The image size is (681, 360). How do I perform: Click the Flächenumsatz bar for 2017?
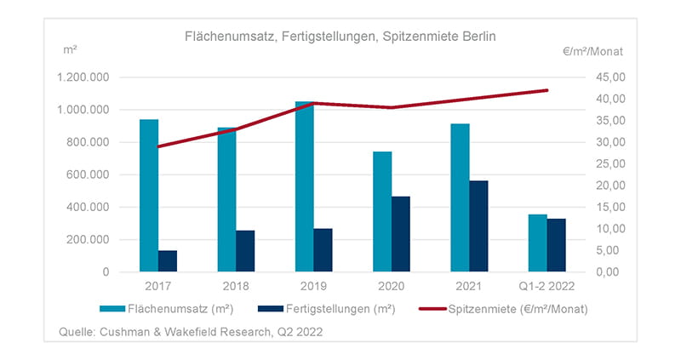(149, 196)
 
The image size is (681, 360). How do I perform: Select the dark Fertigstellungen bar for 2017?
(168, 261)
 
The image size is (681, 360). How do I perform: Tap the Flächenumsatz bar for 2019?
(304, 186)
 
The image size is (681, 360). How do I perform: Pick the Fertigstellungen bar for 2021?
(478, 226)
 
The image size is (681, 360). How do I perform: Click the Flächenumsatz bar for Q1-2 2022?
(537, 243)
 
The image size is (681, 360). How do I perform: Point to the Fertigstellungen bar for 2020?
(401, 234)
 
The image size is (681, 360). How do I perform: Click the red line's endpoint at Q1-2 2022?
(547, 90)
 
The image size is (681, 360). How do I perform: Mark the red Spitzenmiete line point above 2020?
(392, 108)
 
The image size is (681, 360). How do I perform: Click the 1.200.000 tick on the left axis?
(83, 77)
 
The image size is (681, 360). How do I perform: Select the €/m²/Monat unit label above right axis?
(592, 50)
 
